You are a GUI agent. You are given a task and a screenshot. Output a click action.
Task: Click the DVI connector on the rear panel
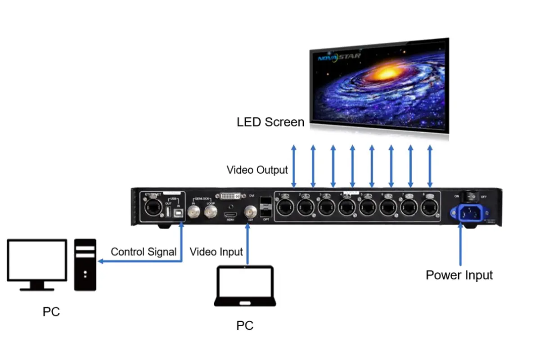click(232, 196)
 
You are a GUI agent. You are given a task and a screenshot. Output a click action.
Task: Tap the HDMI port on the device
click(230, 212)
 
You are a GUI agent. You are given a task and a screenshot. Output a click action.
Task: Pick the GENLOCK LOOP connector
click(210, 212)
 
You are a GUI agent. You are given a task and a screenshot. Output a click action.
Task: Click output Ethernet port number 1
click(286, 207)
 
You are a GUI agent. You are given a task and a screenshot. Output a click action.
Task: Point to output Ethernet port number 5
click(367, 207)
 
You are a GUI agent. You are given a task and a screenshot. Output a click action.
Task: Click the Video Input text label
click(216, 252)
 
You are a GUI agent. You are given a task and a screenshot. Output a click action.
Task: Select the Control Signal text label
click(144, 252)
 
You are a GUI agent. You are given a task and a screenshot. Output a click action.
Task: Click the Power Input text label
click(459, 275)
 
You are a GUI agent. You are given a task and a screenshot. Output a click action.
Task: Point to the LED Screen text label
click(270, 122)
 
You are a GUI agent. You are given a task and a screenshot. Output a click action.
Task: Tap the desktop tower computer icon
click(85, 265)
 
